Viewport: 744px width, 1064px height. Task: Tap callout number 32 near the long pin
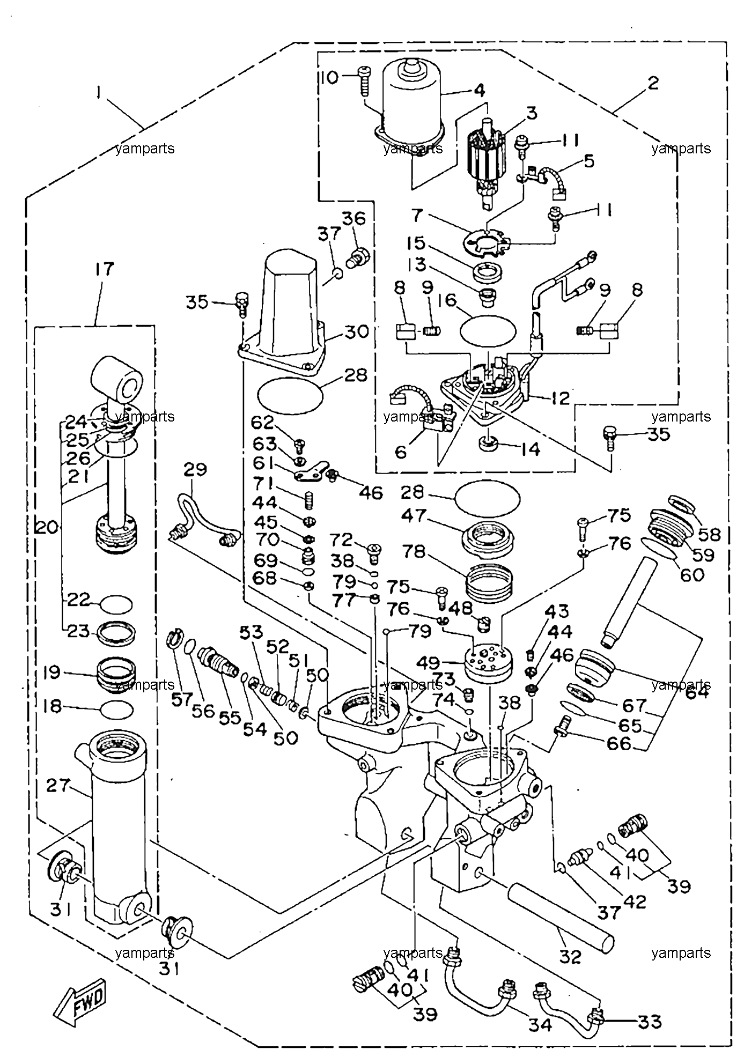tap(570, 956)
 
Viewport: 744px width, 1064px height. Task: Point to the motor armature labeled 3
tap(487, 160)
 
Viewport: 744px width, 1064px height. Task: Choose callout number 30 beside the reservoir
tap(356, 331)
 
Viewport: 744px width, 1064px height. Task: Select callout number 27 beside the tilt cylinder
tap(57, 786)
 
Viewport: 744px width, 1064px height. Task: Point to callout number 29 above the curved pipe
tap(194, 470)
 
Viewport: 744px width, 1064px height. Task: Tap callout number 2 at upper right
tap(652, 84)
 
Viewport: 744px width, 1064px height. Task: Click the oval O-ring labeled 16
tap(488, 330)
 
